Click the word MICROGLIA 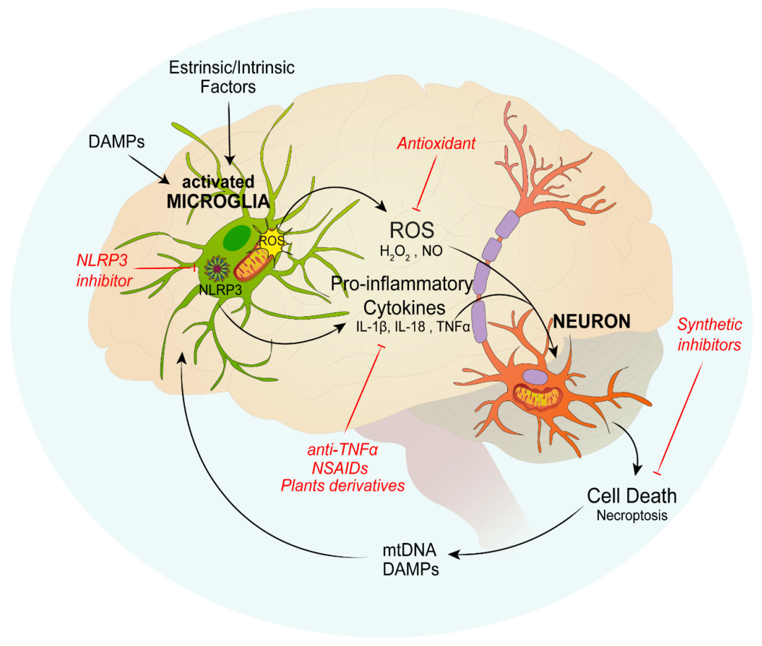click(218, 201)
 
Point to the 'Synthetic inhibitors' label click(709, 335)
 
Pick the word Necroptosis click(631, 515)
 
